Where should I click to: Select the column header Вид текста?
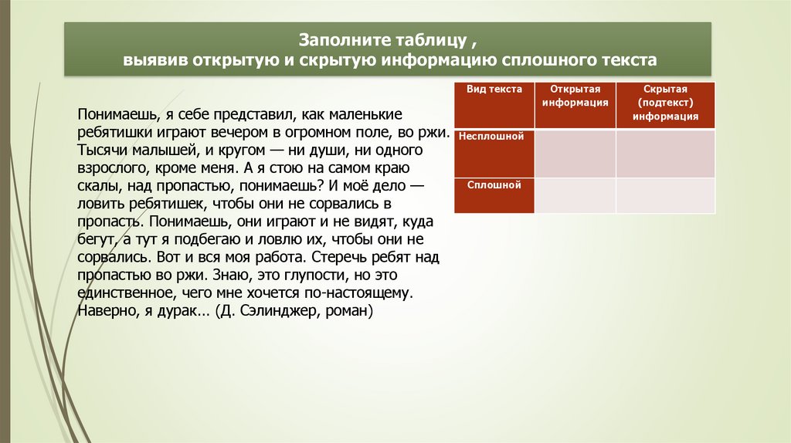[494, 90]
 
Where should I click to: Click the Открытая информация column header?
[575, 96]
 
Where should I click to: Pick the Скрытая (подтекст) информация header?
[665, 103]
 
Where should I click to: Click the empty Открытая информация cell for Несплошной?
[575, 154]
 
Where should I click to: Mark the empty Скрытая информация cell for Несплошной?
[665, 154]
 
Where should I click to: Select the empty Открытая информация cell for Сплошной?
[575, 195]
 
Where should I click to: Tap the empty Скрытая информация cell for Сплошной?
[665, 195]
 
